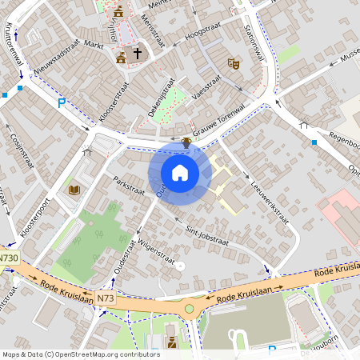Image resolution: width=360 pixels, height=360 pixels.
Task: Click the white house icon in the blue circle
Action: [180, 172]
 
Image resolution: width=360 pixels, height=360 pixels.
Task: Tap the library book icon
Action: [74, 190]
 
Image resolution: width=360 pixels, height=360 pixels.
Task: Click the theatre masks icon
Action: [234, 63]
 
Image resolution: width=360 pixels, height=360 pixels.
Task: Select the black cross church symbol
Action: [137, 54]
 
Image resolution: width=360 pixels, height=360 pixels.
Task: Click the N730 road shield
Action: [9, 258]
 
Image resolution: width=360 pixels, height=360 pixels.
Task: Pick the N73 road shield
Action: [106, 298]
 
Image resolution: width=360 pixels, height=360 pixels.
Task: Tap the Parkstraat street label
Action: [128, 185]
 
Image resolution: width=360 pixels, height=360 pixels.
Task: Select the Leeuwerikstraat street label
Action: [270, 203]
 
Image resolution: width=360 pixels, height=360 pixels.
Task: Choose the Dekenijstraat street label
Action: [169, 96]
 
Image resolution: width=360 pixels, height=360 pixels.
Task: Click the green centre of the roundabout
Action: [190, 309]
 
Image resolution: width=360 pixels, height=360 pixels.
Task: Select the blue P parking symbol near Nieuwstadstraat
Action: [62, 102]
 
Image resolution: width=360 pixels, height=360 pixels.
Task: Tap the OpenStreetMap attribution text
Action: [80, 354]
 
